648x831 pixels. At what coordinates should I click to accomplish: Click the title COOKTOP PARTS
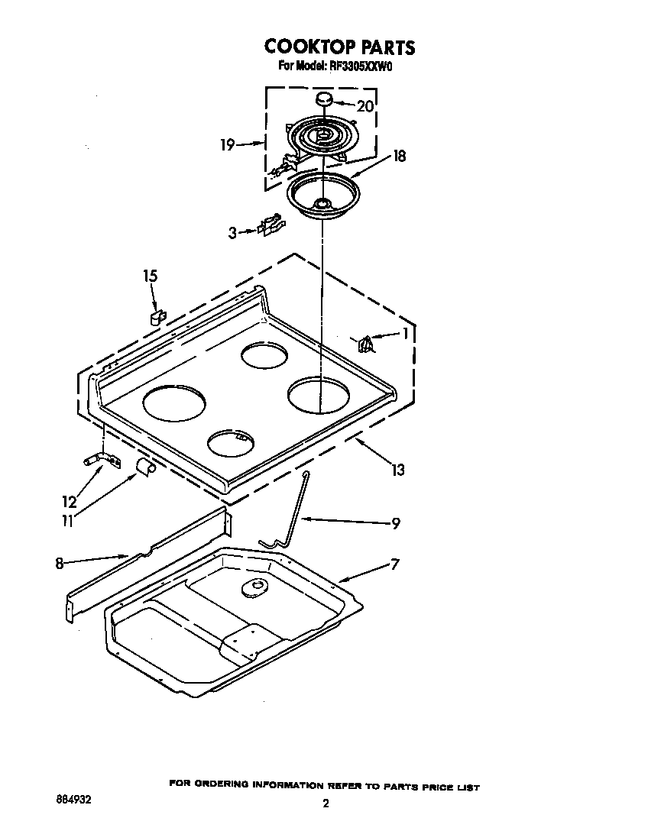340,47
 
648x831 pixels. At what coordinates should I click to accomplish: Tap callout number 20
365,106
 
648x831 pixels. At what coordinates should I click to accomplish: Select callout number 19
228,144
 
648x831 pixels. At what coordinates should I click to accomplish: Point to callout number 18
398,157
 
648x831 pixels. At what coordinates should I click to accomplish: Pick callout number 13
398,470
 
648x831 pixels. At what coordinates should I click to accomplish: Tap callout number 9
395,523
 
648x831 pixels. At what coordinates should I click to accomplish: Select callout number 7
395,564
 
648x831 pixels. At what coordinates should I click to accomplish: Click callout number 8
59,564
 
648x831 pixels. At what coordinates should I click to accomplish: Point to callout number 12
70,502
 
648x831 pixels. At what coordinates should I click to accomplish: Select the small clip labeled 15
157,316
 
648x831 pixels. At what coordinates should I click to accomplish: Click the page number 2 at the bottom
325,804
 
